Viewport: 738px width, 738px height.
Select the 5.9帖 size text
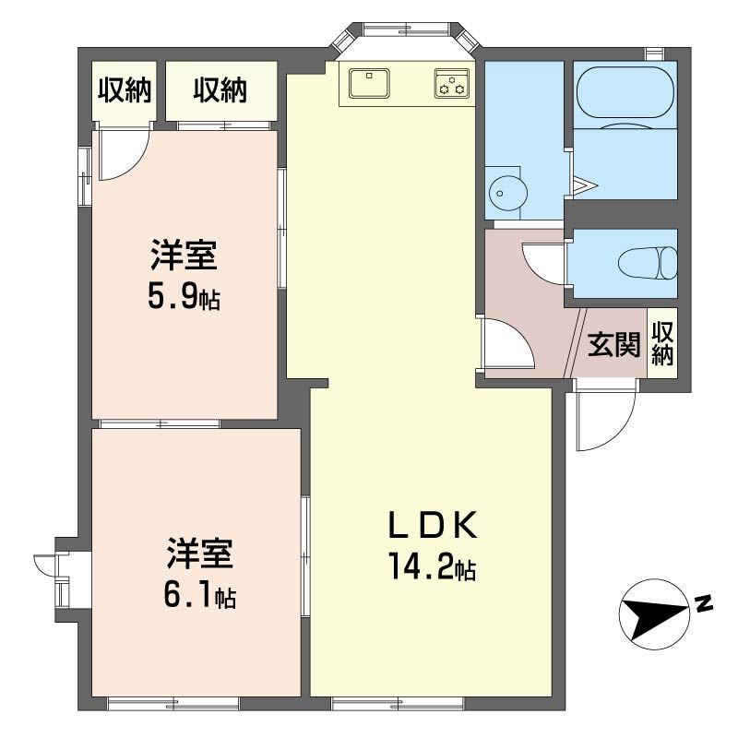tap(184, 298)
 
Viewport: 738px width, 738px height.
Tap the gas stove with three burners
tap(452, 83)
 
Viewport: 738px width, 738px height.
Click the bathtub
tap(625, 94)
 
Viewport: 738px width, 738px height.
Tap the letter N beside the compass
tap(703, 604)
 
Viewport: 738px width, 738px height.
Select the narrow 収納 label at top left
tap(125, 90)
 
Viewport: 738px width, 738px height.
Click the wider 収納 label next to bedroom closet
tap(220, 90)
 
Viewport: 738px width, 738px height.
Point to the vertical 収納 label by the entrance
tap(663, 344)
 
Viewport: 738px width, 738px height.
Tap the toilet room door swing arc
tap(544, 262)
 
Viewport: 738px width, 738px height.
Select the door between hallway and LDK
tap(506, 343)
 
